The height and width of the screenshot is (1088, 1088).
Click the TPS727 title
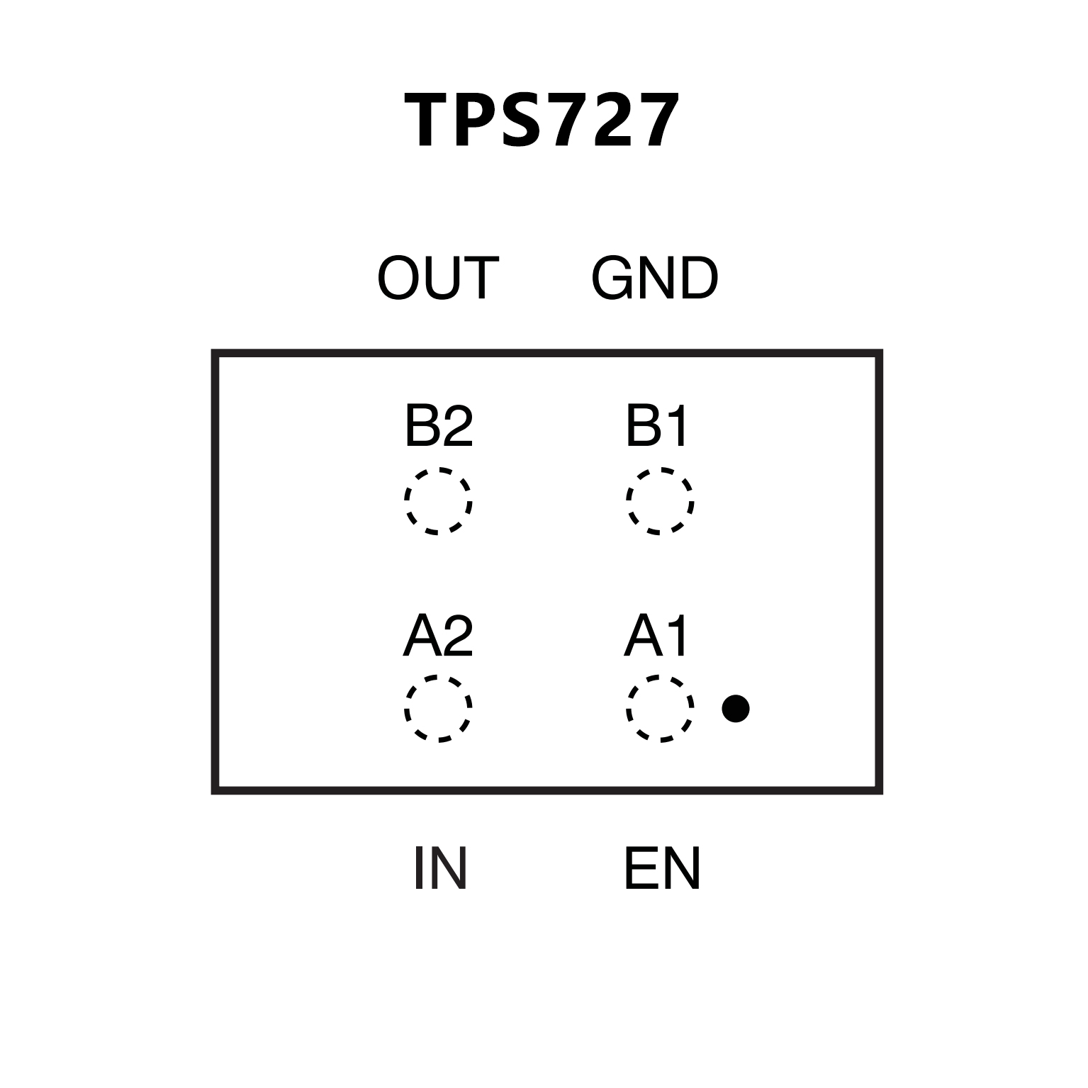542,120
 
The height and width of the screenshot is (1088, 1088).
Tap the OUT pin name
438,279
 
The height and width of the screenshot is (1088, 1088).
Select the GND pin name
654,279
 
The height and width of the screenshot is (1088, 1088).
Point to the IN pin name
439,868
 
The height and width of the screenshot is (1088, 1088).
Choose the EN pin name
662,868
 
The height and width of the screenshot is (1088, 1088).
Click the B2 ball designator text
438,426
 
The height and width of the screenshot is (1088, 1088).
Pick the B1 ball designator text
656,426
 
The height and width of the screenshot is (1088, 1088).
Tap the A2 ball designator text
438,636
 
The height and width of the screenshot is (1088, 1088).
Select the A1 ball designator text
656,636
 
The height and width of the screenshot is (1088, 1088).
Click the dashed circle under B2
438,500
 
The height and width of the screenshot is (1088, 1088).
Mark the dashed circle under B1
660,500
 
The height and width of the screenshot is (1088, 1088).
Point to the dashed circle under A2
438,708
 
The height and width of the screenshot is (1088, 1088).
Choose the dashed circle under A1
660,708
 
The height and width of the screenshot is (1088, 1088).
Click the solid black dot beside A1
736,708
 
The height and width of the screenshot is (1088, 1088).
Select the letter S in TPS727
521,121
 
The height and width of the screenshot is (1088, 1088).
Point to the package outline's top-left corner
215,353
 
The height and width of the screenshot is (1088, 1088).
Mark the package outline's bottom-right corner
880,791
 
